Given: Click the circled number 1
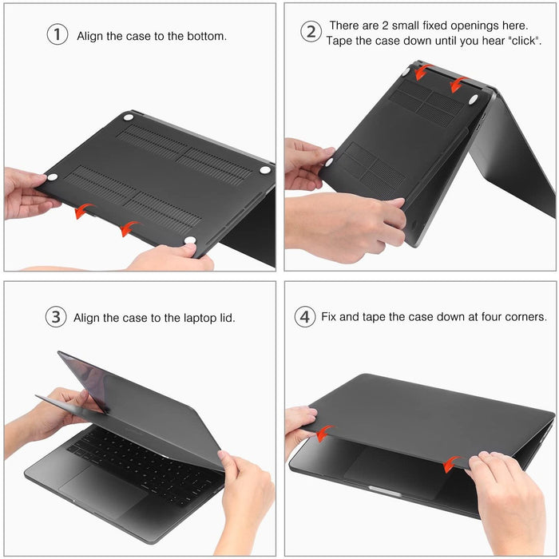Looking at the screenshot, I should click(x=57, y=35).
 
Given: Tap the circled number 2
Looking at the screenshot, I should click(x=311, y=32).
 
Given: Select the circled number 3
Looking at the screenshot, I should click(x=55, y=317).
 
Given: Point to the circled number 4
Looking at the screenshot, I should click(x=304, y=317).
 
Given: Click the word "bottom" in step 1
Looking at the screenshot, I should click(x=204, y=36).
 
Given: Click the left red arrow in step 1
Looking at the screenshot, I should click(x=82, y=211).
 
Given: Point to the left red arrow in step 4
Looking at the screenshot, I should click(x=323, y=434).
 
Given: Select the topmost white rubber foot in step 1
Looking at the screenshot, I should click(x=128, y=117).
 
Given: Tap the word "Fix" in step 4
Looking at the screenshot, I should click(x=329, y=317).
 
